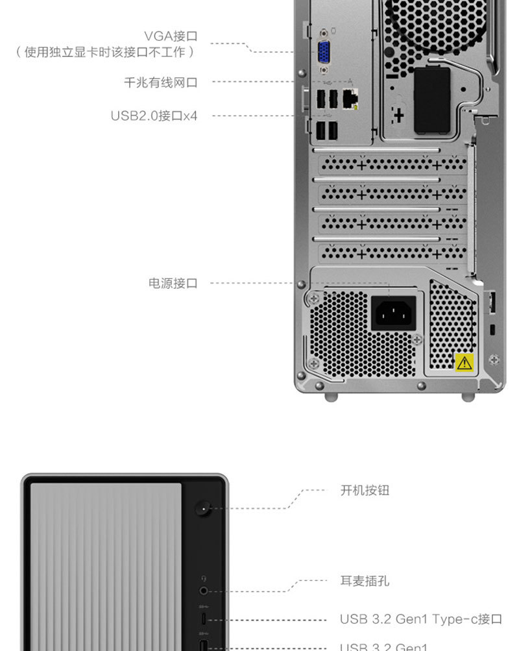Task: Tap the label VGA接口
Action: pos(171,36)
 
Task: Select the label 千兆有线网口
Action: pos(160,82)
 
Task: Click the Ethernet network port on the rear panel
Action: pos(350,99)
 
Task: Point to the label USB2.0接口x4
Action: pos(154,116)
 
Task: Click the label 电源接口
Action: pos(173,283)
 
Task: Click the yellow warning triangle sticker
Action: pos(464,362)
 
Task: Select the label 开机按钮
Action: pos(365,490)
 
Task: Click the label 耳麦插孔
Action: pos(365,581)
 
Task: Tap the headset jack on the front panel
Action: pos(204,591)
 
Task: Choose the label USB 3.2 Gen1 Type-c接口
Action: pos(420,619)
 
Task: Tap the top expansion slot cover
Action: pos(392,165)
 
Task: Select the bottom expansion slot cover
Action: pos(392,251)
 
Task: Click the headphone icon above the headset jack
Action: pos(204,578)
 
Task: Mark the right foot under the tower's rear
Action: pos(468,397)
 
